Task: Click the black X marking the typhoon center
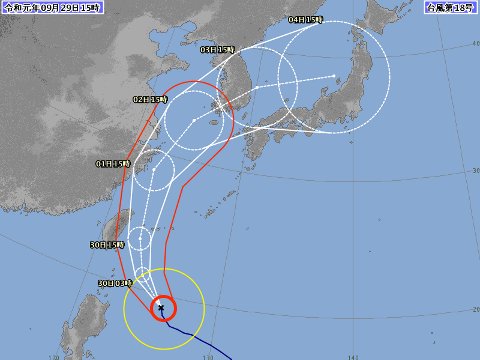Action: point(161,308)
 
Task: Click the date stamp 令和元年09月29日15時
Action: point(47,7)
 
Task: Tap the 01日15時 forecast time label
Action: point(114,162)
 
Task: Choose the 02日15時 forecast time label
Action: point(148,100)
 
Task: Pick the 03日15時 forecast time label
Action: point(217,49)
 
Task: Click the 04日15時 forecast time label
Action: point(305,19)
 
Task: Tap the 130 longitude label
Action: point(207,355)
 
